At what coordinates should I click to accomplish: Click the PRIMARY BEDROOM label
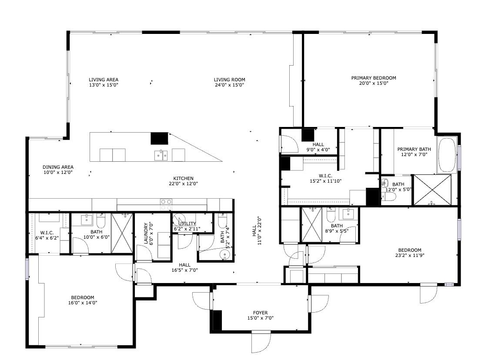pyautogui.click(x=374, y=78)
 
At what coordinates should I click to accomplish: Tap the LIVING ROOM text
pyautogui.click(x=229, y=80)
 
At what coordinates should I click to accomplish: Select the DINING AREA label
pyautogui.click(x=58, y=167)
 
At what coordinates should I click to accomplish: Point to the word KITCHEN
pyautogui.click(x=183, y=178)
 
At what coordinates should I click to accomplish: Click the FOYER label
pyautogui.click(x=261, y=313)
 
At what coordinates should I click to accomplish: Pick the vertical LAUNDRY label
pyautogui.click(x=146, y=235)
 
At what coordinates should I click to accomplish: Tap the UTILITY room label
pyautogui.click(x=187, y=223)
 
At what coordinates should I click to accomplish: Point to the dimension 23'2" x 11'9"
pyautogui.click(x=409, y=256)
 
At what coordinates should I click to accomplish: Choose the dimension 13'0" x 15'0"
pyautogui.click(x=104, y=85)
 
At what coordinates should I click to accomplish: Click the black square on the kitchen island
pyautogui.click(x=159, y=138)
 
